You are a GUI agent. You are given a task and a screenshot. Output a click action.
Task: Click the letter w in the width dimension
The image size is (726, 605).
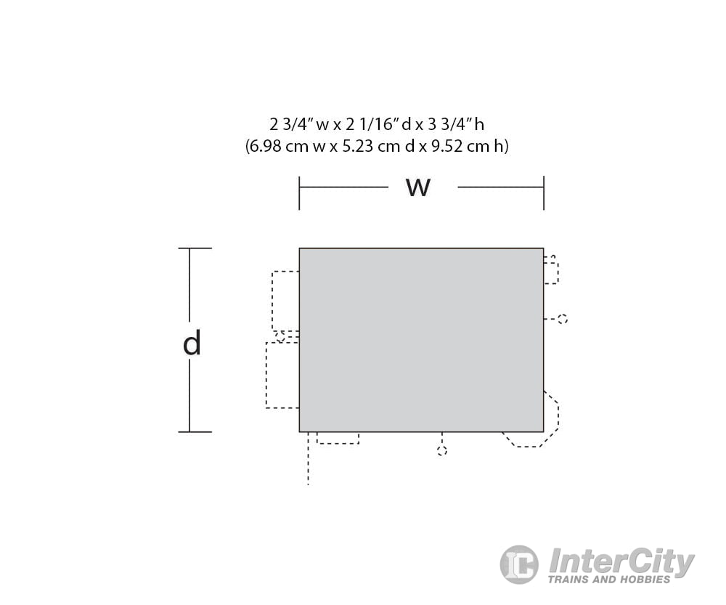click(x=418, y=187)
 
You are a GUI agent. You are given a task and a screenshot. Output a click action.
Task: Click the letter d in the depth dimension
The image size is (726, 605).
click(x=192, y=343)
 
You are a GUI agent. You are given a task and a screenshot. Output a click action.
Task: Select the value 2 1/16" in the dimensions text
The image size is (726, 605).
click(x=371, y=124)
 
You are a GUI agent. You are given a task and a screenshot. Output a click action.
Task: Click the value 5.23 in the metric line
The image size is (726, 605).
click(x=357, y=147)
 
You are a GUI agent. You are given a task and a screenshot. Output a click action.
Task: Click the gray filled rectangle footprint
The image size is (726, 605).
click(x=421, y=340)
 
